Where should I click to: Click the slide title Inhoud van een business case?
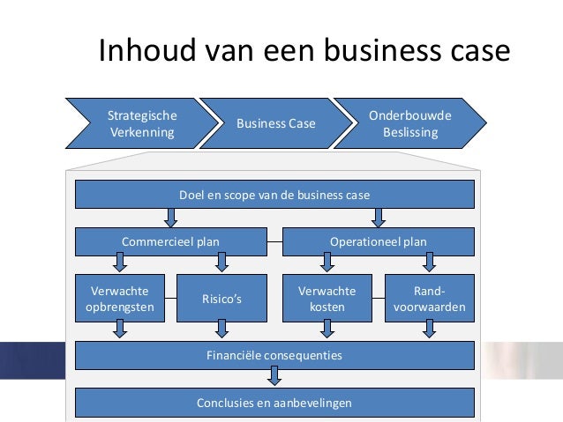pyautogui.click(x=304, y=50)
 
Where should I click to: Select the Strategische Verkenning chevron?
pyautogui.click(x=141, y=125)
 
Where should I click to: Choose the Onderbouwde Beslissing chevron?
pyautogui.click(x=409, y=125)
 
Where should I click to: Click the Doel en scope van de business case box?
pyautogui.click(x=274, y=194)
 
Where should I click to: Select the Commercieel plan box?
pyautogui.click(x=170, y=241)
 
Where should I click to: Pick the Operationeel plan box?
pyautogui.click(x=378, y=241)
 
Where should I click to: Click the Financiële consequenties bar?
pyautogui.click(x=274, y=356)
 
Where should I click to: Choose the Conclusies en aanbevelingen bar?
pyautogui.click(x=274, y=403)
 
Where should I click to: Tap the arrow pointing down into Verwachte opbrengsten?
pyautogui.click(x=119, y=263)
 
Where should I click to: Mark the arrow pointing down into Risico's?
pyautogui.click(x=221, y=263)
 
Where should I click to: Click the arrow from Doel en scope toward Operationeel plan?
pyautogui.click(x=379, y=217)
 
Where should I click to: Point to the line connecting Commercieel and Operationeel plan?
pyautogui.click(x=274, y=241)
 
